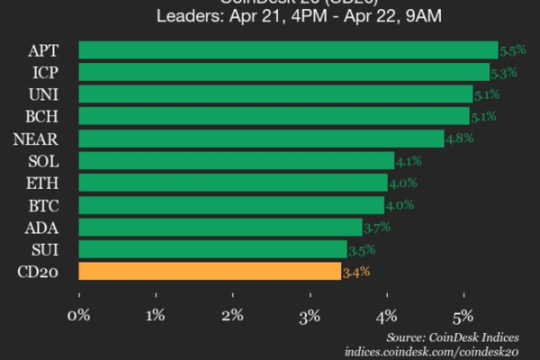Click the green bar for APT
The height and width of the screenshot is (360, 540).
288,50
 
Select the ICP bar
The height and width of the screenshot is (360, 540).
284,72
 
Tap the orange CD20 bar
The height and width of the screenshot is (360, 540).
210,271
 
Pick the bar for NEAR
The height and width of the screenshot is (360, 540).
261,139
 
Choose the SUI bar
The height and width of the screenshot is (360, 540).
212,248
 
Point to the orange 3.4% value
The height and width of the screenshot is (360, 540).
355,271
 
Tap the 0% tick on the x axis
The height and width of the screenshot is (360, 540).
79,315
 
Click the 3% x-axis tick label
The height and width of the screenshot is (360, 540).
310,315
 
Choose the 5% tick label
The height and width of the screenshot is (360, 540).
463,315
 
